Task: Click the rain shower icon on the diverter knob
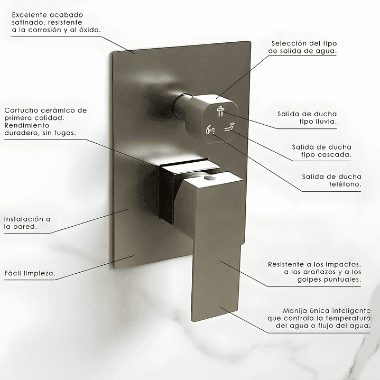[x=221, y=112]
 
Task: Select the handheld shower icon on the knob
[x=210, y=129]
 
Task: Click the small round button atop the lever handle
[x=209, y=178]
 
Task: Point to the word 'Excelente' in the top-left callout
[x=29, y=15]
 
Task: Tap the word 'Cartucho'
[x=21, y=110]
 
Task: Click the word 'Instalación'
[x=23, y=219]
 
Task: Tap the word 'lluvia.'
[x=326, y=122]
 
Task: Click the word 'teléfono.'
[x=345, y=184]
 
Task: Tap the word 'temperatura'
[x=348, y=318]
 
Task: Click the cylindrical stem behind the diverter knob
[x=182, y=105]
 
